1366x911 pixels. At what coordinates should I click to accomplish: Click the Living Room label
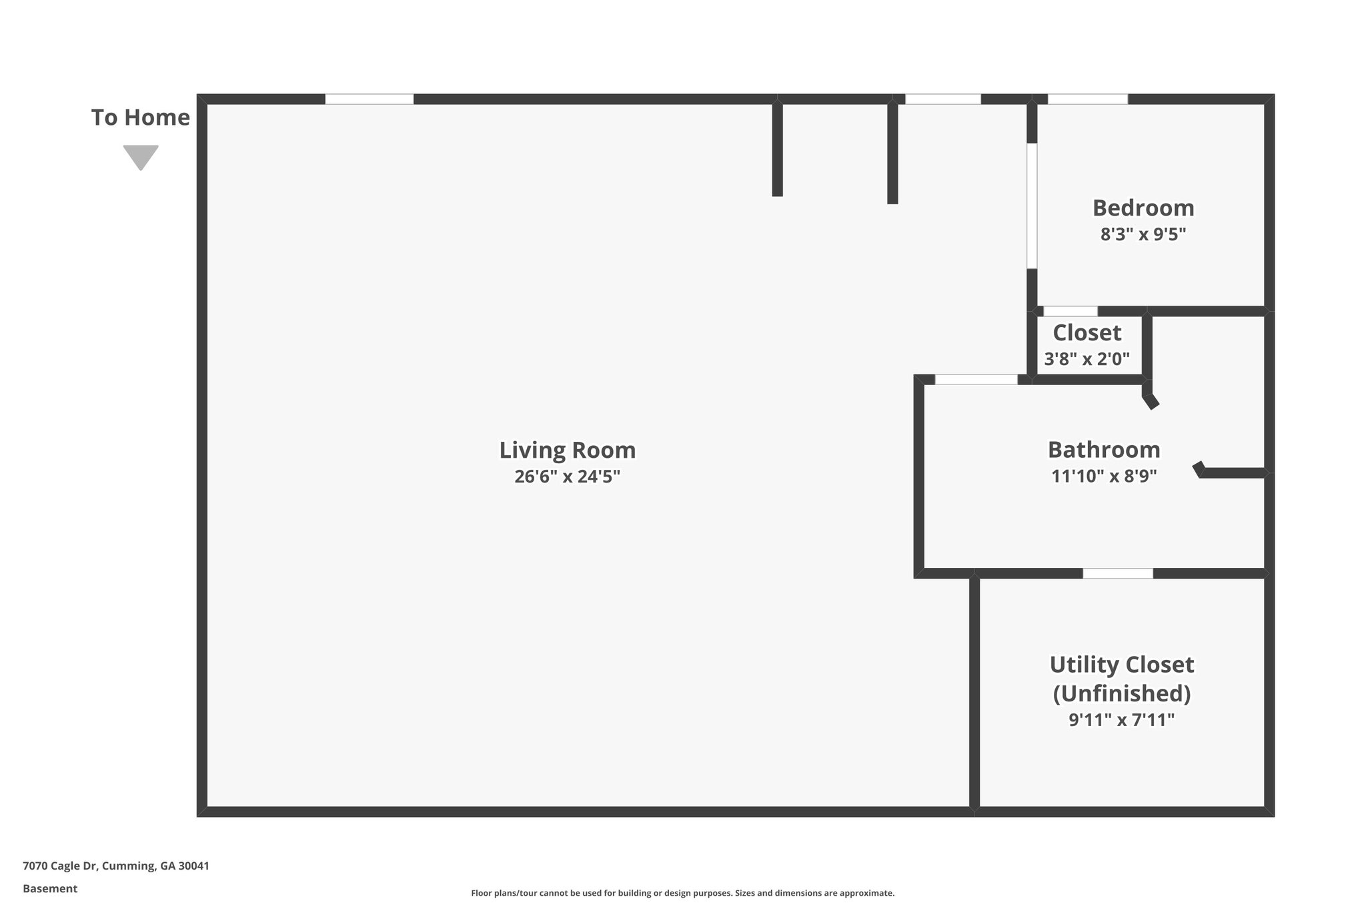point(567,450)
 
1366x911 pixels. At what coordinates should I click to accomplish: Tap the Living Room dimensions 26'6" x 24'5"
point(567,477)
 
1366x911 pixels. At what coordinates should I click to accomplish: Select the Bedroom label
point(1143,208)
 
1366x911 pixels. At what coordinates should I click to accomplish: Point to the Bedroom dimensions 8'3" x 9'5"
point(1143,234)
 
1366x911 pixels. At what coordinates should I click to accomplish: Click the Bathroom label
point(1103,450)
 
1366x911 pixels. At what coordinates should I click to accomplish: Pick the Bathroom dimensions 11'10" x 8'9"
point(1103,477)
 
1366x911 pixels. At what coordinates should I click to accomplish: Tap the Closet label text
point(1087,332)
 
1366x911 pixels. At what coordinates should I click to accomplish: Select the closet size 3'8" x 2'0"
point(1087,359)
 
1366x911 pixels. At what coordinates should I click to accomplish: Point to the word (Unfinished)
point(1121,693)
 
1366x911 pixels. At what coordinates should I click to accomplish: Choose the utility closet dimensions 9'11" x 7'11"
point(1121,720)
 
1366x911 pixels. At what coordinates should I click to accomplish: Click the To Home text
point(140,117)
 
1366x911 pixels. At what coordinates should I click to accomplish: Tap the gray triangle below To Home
point(140,156)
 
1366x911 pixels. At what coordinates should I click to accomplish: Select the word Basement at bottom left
point(50,889)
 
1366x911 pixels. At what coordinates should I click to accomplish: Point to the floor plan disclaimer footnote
point(682,893)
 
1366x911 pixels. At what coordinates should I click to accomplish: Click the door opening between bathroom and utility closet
point(1117,573)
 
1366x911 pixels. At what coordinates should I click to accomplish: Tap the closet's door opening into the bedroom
point(1070,311)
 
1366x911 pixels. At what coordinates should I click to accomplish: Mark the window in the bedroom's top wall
point(1087,99)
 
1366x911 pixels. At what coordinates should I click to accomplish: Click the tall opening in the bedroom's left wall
point(1032,206)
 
